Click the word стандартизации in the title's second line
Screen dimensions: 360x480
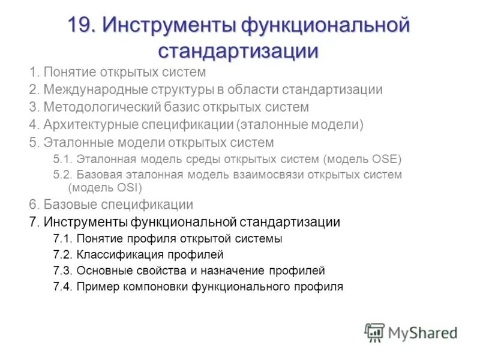[x=238, y=50]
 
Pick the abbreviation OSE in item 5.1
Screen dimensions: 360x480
[x=381, y=160]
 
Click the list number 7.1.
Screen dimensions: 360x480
[x=63, y=239]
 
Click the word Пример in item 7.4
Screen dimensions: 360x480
[x=96, y=287]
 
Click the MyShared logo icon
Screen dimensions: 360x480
[x=374, y=332]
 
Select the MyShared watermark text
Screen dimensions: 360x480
[x=422, y=332]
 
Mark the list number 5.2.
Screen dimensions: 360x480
[x=63, y=175]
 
